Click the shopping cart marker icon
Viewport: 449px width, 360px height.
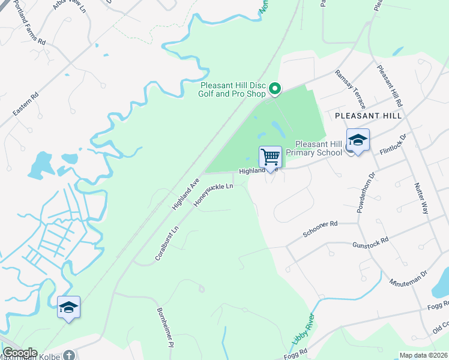[x=271, y=157]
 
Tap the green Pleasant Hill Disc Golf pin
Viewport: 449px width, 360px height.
[x=275, y=89]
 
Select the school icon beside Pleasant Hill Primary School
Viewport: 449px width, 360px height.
[x=358, y=140]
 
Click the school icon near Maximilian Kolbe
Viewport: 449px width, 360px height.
[x=68, y=308]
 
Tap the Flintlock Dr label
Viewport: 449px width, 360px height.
[x=393, y=145]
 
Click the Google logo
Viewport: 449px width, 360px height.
[x=20, y=353]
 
